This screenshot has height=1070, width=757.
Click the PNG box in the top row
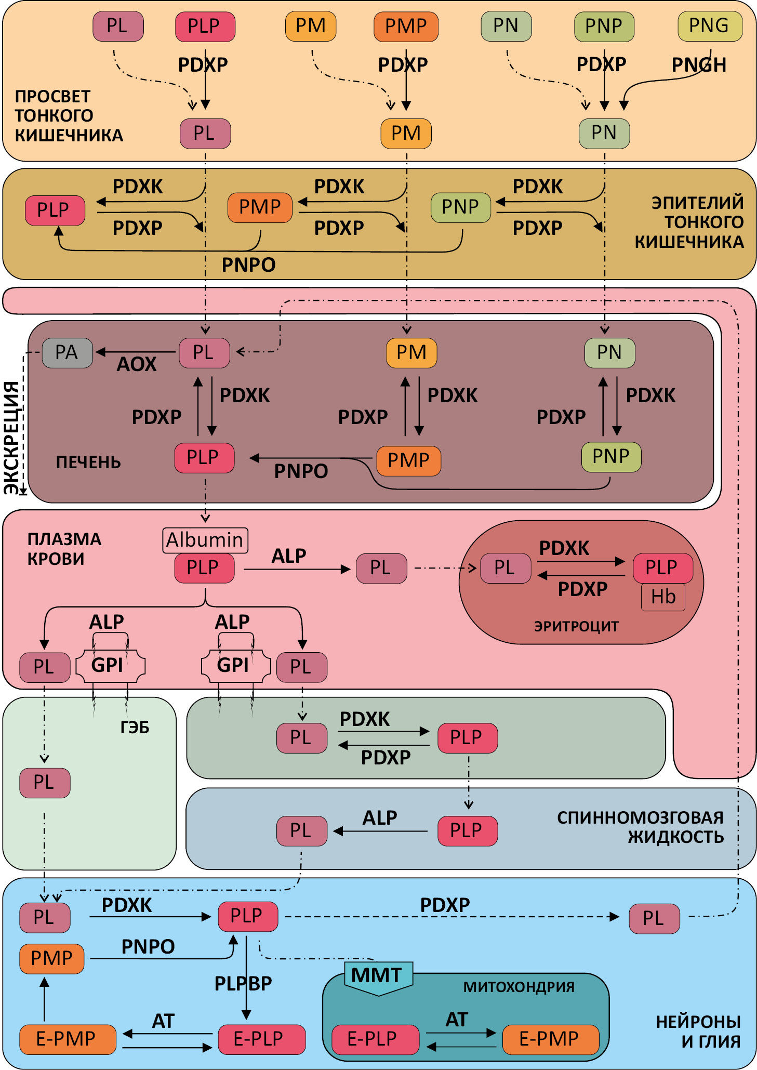coord(709,26)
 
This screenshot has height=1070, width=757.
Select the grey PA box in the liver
coord(67,353)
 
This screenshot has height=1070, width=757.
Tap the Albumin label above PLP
coord(205,540)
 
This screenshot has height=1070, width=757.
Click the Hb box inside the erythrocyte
coord(663,597)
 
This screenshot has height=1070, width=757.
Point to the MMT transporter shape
coord(378,976)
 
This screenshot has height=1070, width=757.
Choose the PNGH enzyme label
coord(699,65)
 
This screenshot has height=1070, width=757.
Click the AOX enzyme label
coord(136,364)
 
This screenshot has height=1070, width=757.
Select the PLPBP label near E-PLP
coord(243,983)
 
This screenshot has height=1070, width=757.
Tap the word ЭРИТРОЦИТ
coord(576,626)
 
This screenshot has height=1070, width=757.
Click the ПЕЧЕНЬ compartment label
coord(88,462)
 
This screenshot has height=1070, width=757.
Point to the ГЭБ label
coord(135,727)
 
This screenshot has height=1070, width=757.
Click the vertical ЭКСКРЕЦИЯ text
coord(12,437)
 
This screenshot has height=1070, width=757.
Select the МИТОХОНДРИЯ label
coord(519,987)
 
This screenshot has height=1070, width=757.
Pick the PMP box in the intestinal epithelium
coord(260,207)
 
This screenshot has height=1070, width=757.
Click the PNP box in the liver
coord(610,457)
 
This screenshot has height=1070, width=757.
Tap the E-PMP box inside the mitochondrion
coord(550,1039)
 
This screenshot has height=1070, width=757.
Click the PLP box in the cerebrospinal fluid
coord(467,831)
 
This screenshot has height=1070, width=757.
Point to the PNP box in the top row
coord(604,26)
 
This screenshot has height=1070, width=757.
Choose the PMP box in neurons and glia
coord(51,958)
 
